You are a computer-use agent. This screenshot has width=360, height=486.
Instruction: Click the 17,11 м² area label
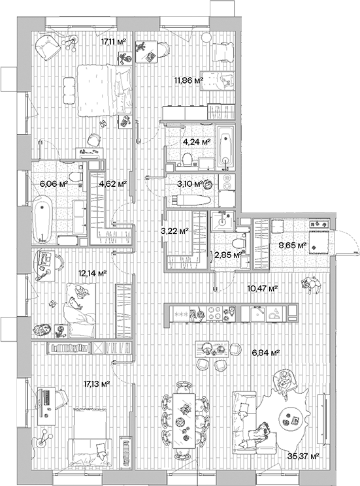113,41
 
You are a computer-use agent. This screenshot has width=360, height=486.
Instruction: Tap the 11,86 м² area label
188,81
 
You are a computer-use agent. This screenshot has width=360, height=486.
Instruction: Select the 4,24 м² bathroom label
197,141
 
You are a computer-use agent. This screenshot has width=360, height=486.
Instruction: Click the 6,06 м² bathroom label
54,184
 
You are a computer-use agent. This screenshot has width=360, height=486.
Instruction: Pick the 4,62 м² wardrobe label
111,184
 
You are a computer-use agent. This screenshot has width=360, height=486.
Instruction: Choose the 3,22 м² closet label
174,231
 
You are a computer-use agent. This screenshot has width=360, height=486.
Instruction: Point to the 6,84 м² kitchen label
265,353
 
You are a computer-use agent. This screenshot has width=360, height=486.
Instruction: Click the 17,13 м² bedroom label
95,385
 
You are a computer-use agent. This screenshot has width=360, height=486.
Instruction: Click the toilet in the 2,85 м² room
240,242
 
